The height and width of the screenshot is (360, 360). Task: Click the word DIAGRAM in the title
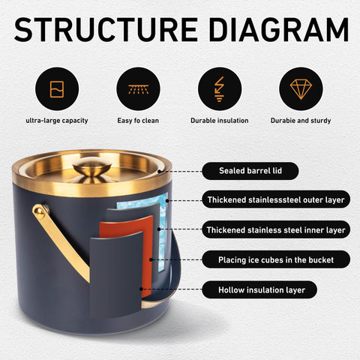click(x=279, y=29)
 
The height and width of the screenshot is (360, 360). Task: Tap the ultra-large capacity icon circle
click(x=57, y=88)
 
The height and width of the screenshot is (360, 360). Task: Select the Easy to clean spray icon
click(x=138, y=88)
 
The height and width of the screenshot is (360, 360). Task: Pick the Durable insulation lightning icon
click(x=220, y=88)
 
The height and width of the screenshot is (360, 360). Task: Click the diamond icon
click(x=301, y=88)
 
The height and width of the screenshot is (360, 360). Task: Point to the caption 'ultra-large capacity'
click(x=57, y=121)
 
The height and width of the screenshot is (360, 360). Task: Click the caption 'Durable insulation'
click(x=220, y=121)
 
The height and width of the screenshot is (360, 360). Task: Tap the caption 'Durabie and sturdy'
click(x=301, y=121)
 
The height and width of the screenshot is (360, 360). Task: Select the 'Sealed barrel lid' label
click(x=250, y=171)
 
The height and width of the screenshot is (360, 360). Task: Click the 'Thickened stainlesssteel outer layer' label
click(x=276, y=199)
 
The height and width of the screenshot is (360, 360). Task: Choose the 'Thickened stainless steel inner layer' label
click(x=276, y=229)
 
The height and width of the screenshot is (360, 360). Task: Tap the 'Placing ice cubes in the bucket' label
click(x=276, y=259)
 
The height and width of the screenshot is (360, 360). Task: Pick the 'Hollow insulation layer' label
click(x=259, y=289)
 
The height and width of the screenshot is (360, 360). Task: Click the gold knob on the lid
click(x=92, y=166)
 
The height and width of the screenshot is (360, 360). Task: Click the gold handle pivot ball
click(x=40, y=210)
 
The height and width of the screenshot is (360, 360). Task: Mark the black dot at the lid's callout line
click(x=159, y=172)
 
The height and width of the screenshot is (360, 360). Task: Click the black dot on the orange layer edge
click(x=151, y=259)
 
